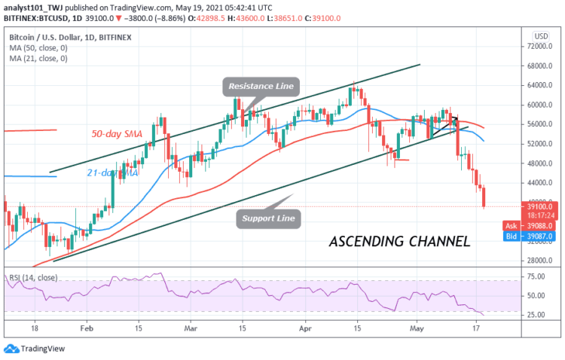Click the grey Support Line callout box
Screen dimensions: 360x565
270,219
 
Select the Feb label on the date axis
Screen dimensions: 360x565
87,329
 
